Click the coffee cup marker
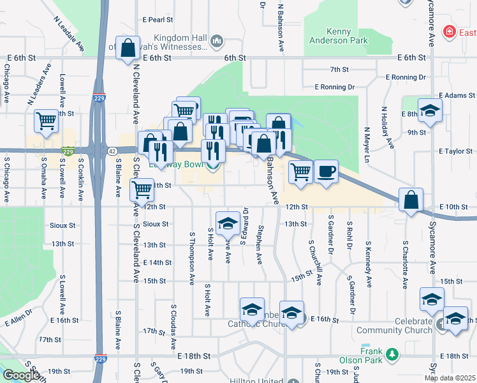[326, 171]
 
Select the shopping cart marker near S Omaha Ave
[47, 121]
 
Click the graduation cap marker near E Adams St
[430, 109]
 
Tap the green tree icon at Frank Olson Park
[394, 354]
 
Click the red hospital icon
[450, 31]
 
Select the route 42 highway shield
[112, 151]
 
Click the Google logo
[21, 375]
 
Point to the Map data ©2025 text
[450, 378]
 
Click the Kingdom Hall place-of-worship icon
[217, 42]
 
